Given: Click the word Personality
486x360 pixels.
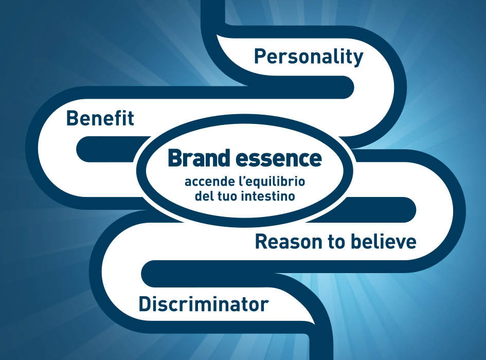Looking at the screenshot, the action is point(309,57).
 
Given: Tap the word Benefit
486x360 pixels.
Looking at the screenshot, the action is point(100,118).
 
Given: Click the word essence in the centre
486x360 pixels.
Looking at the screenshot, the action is point(279,159).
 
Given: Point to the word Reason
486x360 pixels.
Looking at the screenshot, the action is point(290,242).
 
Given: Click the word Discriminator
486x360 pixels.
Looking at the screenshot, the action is point(203,304).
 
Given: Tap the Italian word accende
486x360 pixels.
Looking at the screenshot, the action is point(207,182).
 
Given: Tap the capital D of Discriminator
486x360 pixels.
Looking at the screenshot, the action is point(145,304).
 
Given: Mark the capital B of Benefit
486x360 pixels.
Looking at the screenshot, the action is point(73,118).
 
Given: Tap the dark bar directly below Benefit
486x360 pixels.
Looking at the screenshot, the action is point(112,149).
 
